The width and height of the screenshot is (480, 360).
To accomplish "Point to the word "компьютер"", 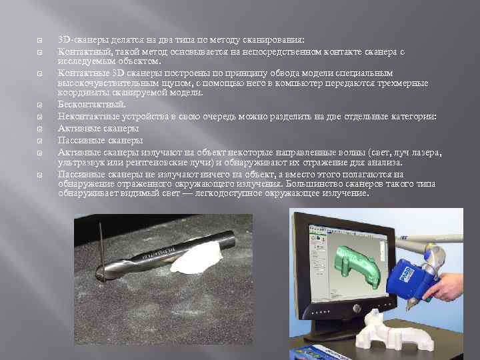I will (x=268, y=83).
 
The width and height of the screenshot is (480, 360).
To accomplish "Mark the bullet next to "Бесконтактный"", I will (x=39, y=105).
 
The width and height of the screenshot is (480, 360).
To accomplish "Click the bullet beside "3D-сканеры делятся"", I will (x=39, y=40).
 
